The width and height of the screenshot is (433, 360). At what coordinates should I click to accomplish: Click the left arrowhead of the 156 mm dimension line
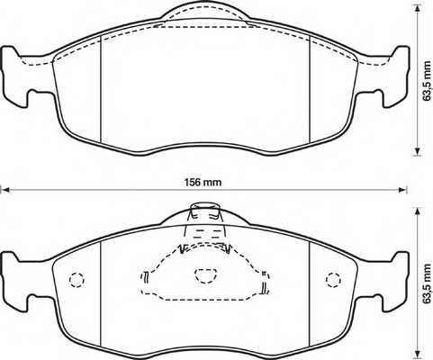coord(5,191)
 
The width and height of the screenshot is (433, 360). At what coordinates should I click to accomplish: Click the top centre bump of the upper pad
coord(203,13)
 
